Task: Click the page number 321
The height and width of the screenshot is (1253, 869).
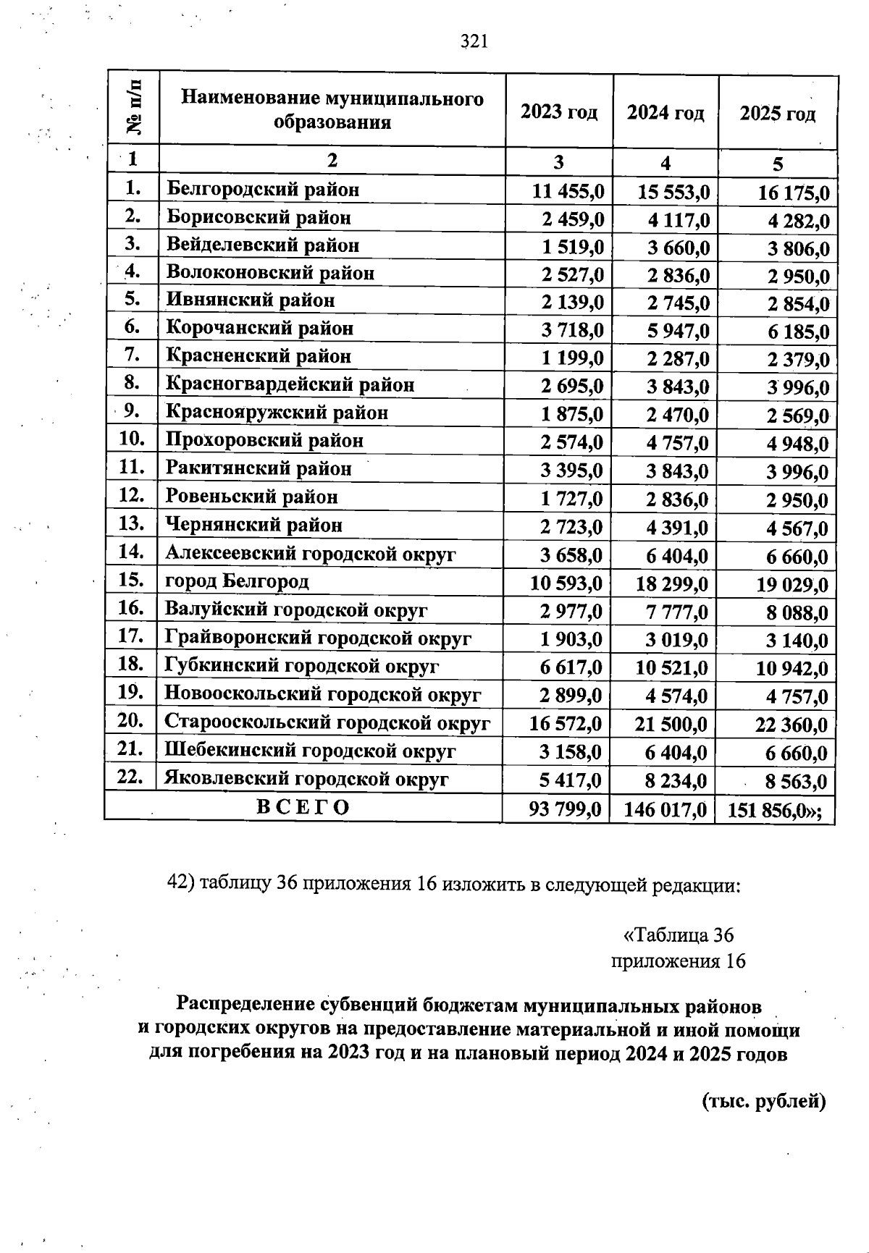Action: [x=474, y=42]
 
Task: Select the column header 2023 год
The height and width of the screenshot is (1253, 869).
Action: [x=559, y=113]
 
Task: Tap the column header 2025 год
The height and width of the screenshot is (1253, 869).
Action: [x=777, y=114]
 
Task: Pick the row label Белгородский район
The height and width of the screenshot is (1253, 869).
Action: [x=263, y=190]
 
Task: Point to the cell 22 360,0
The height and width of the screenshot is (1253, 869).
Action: [x=790, y=725]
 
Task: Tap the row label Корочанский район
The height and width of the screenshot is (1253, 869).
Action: [x=260, y=329]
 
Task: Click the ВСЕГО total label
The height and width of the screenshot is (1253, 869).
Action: [x=303, y=807]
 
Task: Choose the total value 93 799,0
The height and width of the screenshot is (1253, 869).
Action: [x=565, y=809]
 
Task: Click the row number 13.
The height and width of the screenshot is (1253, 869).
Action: [x=131, y=523]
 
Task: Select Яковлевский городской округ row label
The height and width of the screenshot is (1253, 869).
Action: [x=306, y=779]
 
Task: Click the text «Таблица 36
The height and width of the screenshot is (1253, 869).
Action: [x=679, y=935]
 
